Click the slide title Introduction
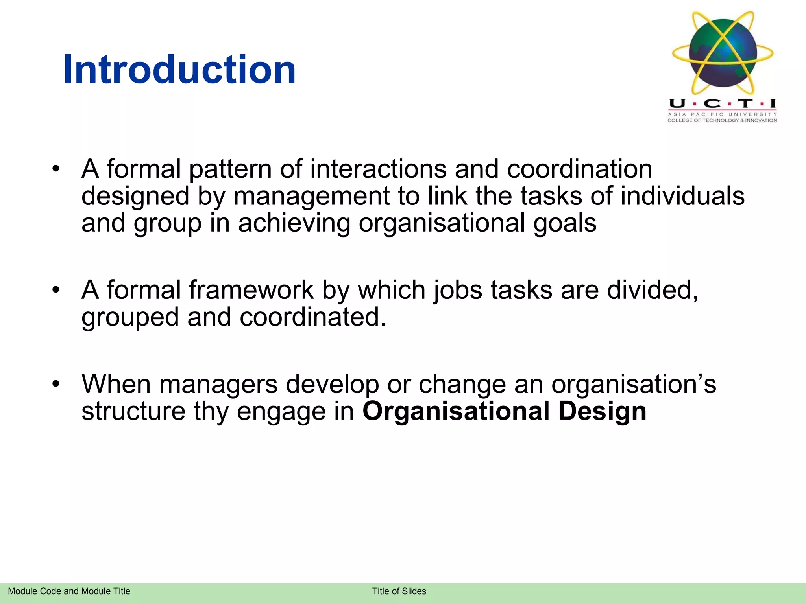[x=179, y=70]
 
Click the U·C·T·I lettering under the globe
[x=723, y=104]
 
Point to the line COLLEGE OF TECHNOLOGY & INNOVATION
[x=722, y=120]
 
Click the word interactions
[x=378, y=169]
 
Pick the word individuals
[x=682, y=196]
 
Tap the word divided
[x=653, y=290]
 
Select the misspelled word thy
[x=211, y=411]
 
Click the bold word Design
[x=602, y=411]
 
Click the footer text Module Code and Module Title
[x=69, y=591]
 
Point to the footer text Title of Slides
[x=399, y=591]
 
